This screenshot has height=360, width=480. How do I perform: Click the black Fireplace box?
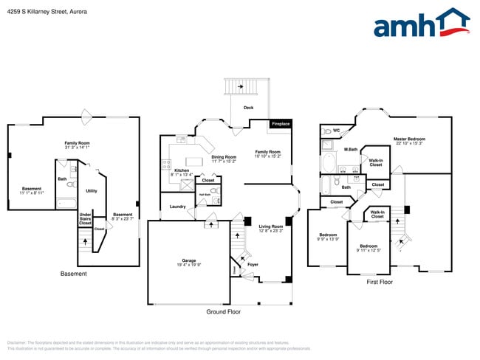[x=280, y=123]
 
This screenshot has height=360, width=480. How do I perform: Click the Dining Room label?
[x=224, y=156]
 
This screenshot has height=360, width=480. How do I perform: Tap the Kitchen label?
[x=181, y=170]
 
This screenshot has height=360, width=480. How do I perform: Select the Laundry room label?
[x=177, y=207]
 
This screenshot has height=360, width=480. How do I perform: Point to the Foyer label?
[x=253, y=263]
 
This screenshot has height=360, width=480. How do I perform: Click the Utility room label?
[x=92, y=190]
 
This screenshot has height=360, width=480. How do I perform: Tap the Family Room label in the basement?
[x=77, y=143]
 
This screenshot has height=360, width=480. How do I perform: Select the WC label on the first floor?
[x=336, y=131]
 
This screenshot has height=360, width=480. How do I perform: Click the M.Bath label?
[x=351, y=150]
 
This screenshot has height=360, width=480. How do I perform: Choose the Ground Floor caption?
[x=223, y=311]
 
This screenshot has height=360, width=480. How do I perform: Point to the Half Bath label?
[x=203, y=195]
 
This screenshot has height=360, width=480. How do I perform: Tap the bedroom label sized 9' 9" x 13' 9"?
[x=328, y=237]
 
